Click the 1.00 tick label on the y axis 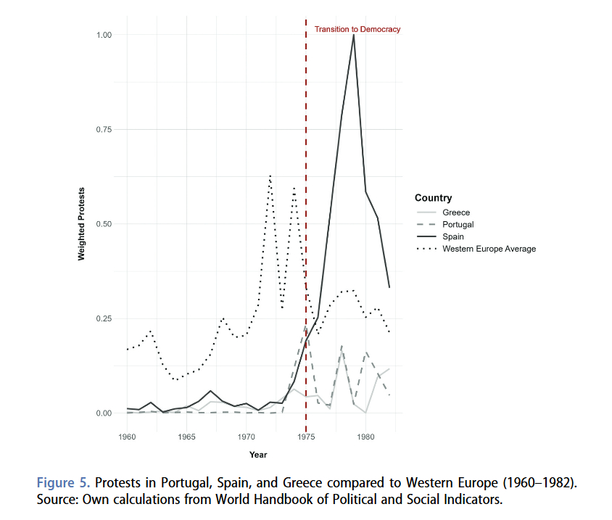tap(104, 35)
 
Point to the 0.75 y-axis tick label tap(104, 130)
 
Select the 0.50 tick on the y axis tap(104, 224)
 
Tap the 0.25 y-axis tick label tap(104, 319)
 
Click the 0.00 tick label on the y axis tap(104, 413)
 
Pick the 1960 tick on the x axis tap(127, 437)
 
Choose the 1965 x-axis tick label tap(186, 437)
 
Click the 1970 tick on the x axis tap(247, 437)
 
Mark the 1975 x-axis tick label tap(306, 437)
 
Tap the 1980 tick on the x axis tap(365, 437)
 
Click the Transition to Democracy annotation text tap(357, 30)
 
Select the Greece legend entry tap(456, 212)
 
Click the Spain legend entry tap(454, 236)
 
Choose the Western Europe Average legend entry tap(489, 249)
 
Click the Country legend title tap(433, 198)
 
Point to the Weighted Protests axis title tap(81, 224)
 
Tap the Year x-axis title tap(258, 455)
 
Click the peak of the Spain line tap(353, 35)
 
